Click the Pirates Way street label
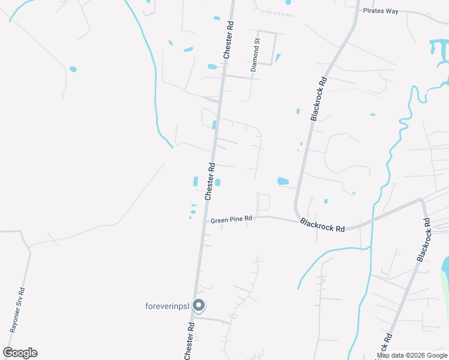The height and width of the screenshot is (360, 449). tap(381, 11)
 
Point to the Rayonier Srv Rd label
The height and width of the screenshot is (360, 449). tap(17, 310)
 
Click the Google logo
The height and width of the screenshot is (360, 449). tap(20, 353)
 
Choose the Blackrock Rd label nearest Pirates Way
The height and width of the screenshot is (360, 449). tap(319, 99)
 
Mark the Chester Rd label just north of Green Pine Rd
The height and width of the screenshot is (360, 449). tap(209, 181)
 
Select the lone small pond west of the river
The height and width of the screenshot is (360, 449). tap(73, 69)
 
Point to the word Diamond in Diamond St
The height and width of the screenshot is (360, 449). tap(254, 59)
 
